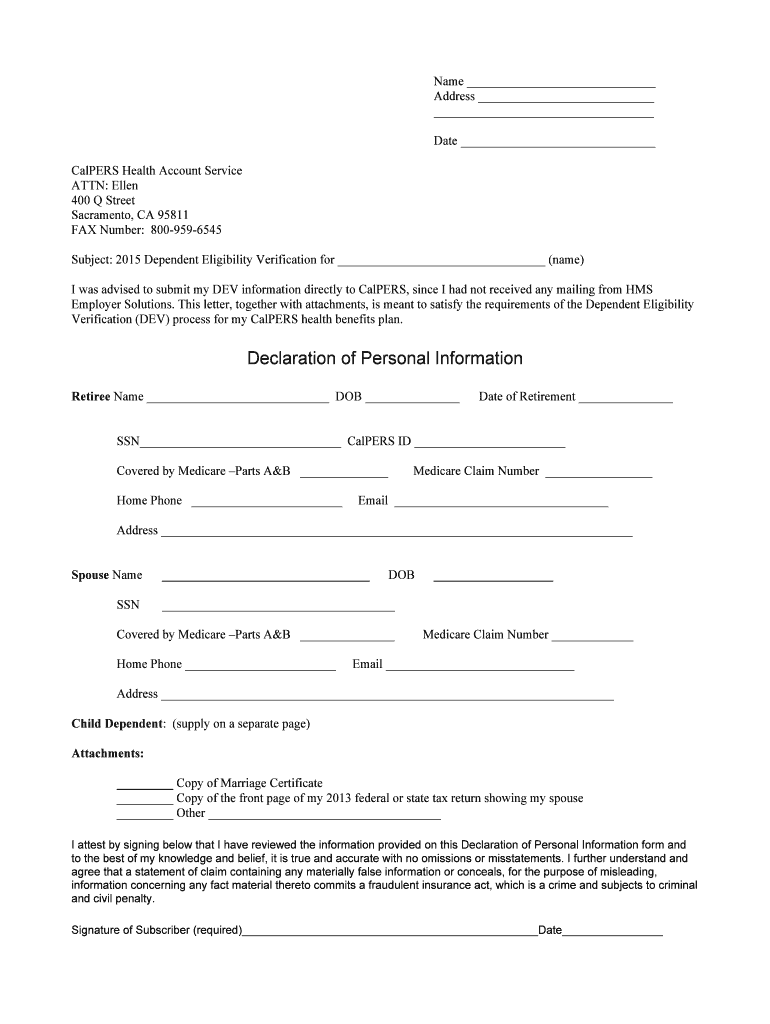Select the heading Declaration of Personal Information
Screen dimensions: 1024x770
click(385, 358)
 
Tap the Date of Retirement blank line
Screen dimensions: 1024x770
click(626, 398)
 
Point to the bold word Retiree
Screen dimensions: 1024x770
click(91, 397)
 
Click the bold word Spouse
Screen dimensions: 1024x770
click(90, 575)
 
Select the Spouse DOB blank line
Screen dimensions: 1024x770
click(493, 577)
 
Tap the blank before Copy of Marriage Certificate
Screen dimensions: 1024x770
click(145, 785)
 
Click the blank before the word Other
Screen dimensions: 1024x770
click(145, 815)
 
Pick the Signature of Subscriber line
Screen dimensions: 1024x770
click(390, 932)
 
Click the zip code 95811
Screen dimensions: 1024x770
click(171, 215)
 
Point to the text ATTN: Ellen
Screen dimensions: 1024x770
click(105, 186)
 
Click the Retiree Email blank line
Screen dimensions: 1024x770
click(501, 503)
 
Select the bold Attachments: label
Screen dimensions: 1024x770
click(108, 753)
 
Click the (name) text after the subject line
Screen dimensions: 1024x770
click(566, 259)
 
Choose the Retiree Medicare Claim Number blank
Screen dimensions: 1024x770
click(598, 473)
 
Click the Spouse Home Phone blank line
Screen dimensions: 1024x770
click(260, 666)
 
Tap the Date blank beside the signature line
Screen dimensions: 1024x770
click(612, 932)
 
